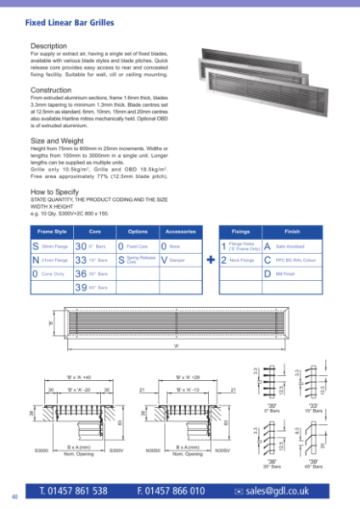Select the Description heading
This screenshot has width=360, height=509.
coord(48,45)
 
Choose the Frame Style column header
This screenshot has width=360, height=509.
coord(49,231)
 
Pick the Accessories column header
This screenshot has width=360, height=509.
coord(180,231)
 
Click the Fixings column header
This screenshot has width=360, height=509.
coord(243,231)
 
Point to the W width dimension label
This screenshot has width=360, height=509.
coord(176,345)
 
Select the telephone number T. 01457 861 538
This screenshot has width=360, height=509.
coord(73,491)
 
